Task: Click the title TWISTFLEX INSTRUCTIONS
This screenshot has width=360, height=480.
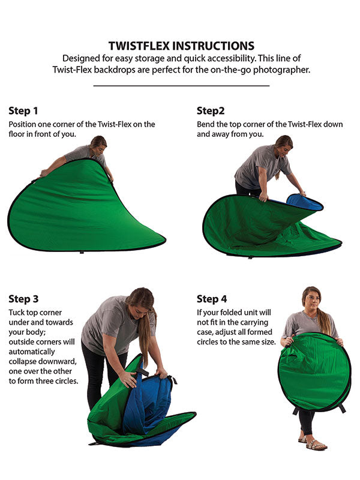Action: click(181, 46)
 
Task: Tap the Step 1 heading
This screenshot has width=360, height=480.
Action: click(23, 111)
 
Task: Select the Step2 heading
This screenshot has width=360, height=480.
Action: click(211, 111)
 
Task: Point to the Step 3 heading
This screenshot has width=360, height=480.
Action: click(23, 299)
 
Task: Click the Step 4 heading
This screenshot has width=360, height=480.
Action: click(212, 299)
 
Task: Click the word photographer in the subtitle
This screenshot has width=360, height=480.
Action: click(281, 70)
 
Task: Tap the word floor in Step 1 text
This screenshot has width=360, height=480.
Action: click(16, 134)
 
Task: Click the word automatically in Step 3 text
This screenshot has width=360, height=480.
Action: click(32, 352)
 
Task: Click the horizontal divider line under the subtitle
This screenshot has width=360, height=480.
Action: click(181, 86)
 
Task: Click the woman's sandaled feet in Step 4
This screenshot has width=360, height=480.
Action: click(313, 443)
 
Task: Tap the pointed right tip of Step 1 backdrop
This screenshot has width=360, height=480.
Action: click(166, 239)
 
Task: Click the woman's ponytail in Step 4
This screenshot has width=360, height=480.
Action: click(324, 321)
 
